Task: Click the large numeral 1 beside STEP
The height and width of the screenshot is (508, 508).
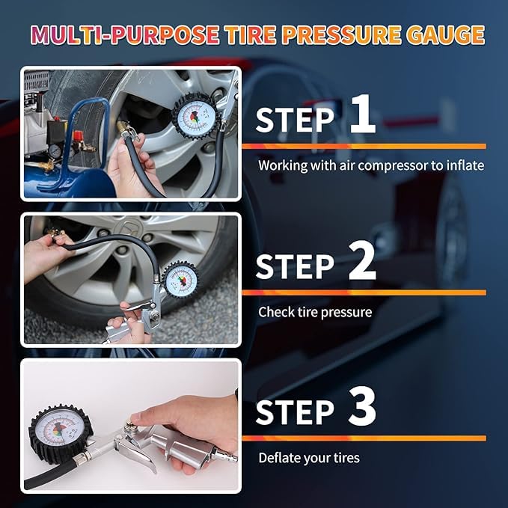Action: coord(363,114)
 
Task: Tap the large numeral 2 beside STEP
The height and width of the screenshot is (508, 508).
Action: coord(362,261)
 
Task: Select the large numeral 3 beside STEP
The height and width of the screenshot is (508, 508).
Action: coord(362,406)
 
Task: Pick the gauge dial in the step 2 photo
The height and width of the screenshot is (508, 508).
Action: coord(180,279)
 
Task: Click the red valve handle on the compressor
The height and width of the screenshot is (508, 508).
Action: coord(78,135)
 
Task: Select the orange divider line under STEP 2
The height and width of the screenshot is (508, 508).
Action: coord(364,293)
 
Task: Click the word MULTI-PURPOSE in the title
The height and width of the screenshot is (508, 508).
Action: coord(125,35)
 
